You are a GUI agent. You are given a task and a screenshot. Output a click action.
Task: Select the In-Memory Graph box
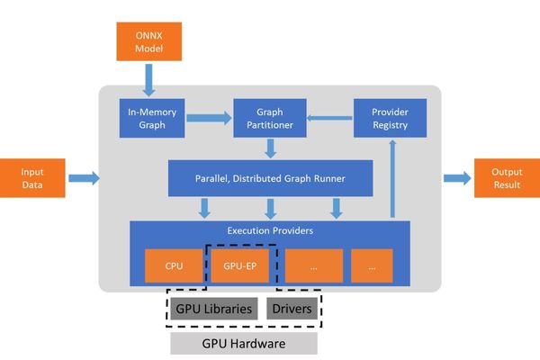point(151,118)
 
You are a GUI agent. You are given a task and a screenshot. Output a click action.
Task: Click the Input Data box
point(32,178)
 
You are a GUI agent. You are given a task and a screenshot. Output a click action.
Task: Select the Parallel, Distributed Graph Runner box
point(270,178)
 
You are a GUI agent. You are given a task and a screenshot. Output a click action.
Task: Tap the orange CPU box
point(175,265)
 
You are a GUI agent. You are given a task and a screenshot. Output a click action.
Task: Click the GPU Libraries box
point(214,309)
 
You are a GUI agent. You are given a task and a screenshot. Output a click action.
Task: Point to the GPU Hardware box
point(244,344)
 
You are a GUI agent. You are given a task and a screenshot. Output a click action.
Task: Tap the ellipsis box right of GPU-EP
point(314,265)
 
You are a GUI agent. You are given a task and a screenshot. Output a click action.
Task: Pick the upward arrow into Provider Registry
point(392,180)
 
